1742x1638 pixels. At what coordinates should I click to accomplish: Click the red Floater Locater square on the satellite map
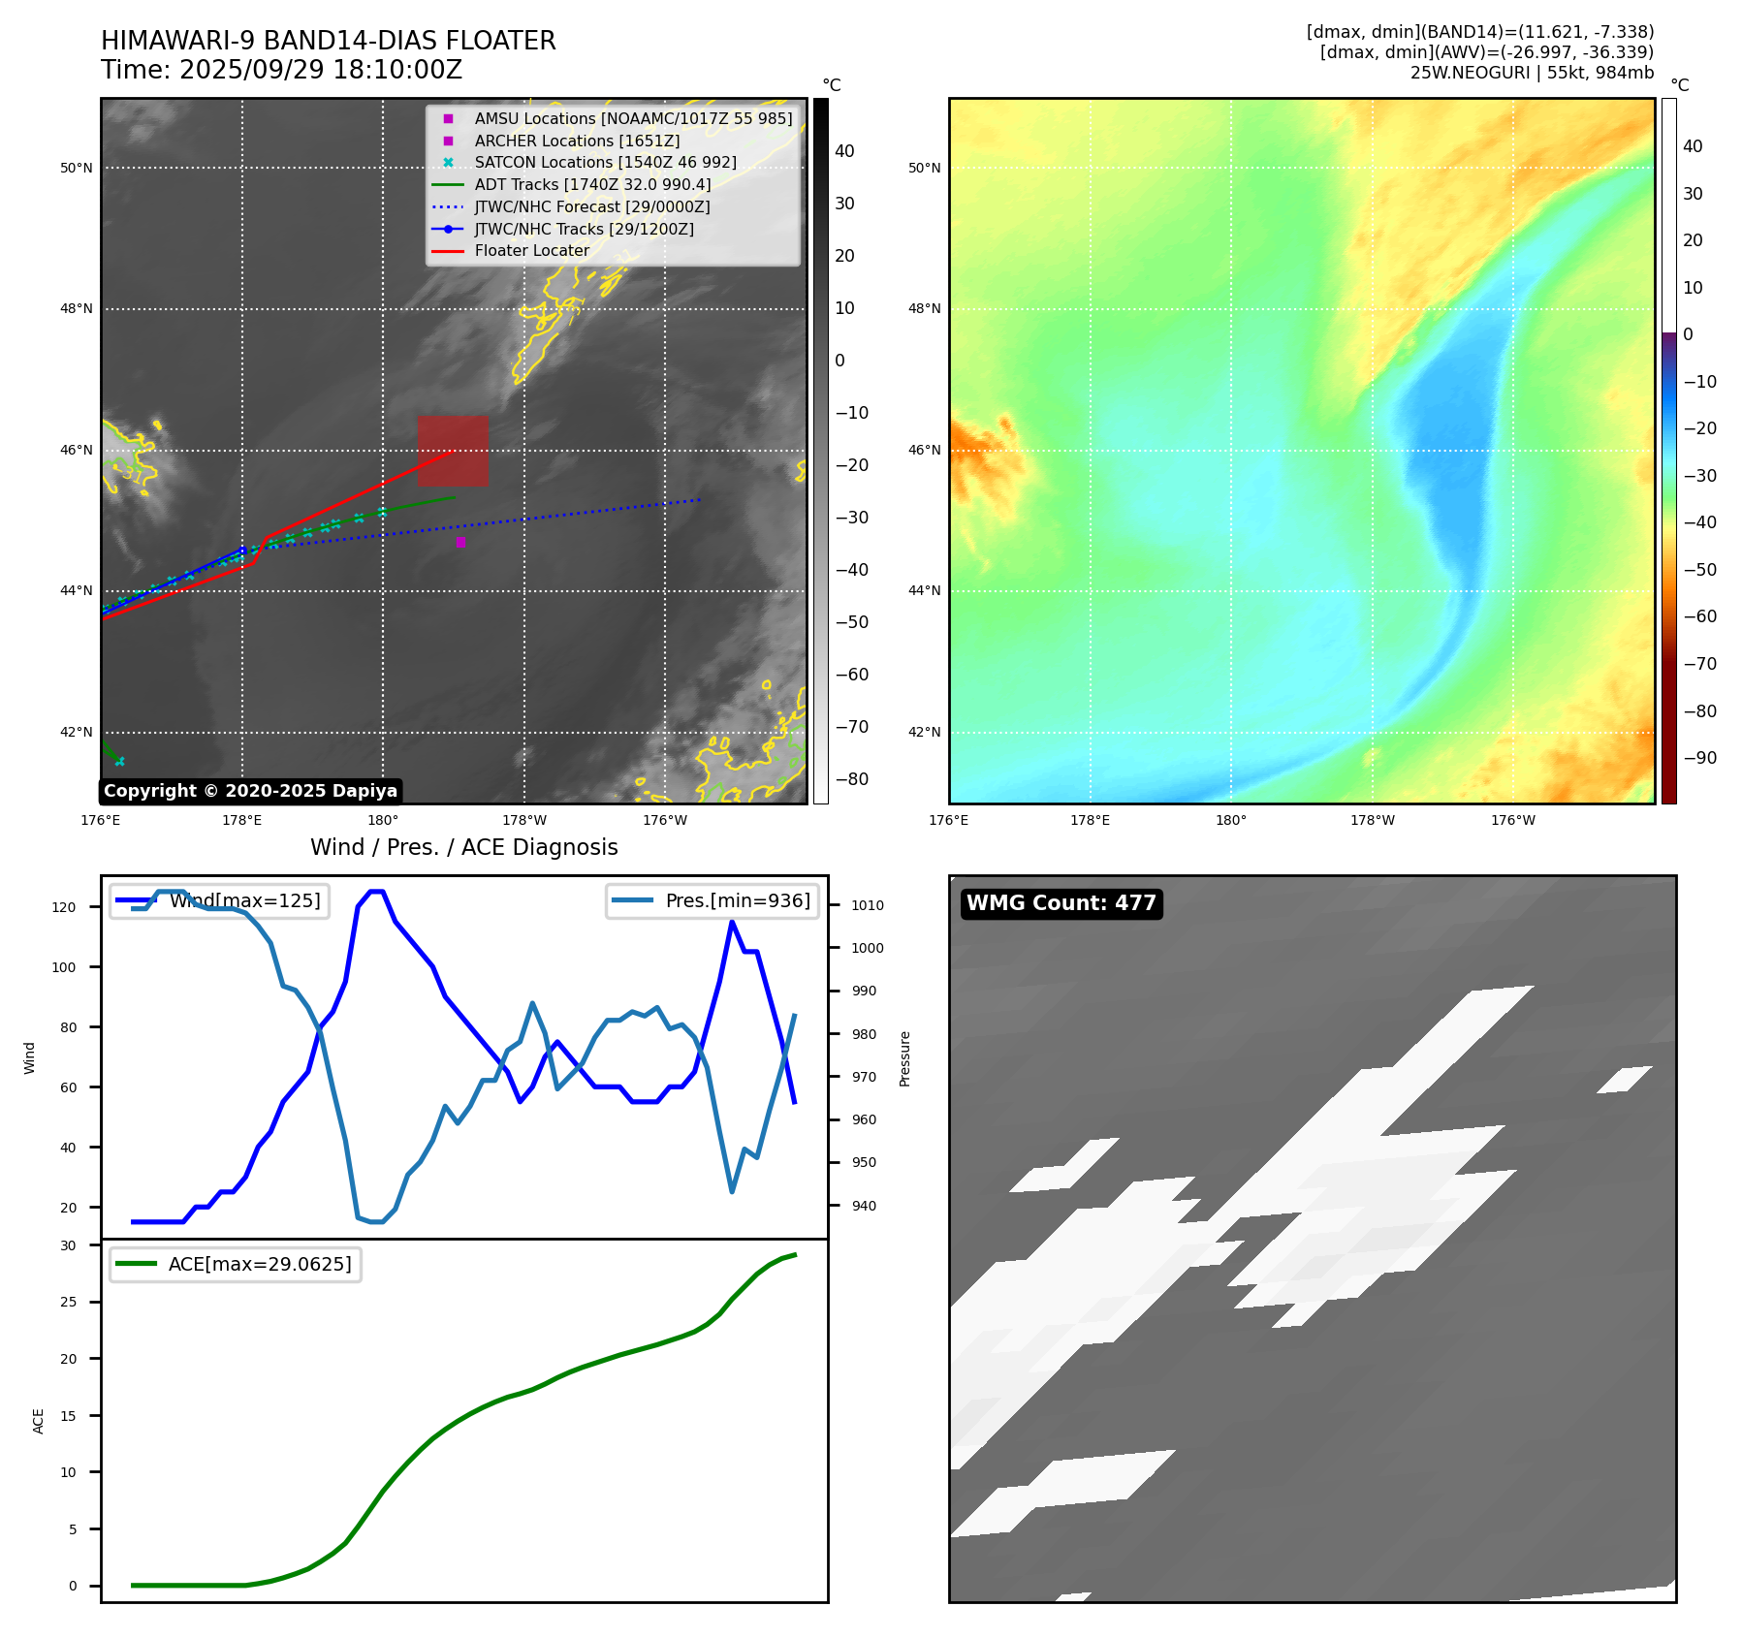pos(453,451)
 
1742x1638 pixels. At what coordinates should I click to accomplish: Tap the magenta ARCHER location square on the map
pos(460,542)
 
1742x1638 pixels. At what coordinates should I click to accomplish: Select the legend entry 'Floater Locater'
pos(531,251)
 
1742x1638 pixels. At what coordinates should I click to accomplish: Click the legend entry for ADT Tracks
pos(592,184)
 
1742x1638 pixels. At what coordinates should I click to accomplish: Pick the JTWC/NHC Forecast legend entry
pos(591,206)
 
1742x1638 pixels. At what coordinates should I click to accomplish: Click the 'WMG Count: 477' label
pos(1061,903)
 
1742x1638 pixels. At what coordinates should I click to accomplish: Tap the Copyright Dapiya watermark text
pos(250,791)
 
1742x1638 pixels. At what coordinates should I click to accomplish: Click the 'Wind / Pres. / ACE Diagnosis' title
pos(463,847)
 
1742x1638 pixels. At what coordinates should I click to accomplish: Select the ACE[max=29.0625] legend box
pos(236,1264)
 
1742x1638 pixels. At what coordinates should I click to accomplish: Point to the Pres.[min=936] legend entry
pos(713,900)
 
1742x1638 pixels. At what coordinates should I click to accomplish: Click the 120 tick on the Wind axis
pos(64,908)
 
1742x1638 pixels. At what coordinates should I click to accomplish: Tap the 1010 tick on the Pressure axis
pos(868,905)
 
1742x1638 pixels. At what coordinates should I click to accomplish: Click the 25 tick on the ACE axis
pos(68,1302)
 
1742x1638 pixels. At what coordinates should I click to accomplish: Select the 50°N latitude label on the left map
pos(77,168)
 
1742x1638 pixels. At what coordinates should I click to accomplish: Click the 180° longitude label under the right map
pos(1230,820)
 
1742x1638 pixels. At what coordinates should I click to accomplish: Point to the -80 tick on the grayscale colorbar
pos(852,779)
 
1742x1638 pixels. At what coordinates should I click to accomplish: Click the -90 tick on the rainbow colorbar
pos(1699,758)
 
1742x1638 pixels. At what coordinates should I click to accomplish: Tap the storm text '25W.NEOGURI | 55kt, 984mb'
pos(1532,73)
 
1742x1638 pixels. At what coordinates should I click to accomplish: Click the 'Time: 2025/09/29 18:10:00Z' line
pos(281,70)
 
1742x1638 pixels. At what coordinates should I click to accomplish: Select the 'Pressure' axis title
pos(904,1058)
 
